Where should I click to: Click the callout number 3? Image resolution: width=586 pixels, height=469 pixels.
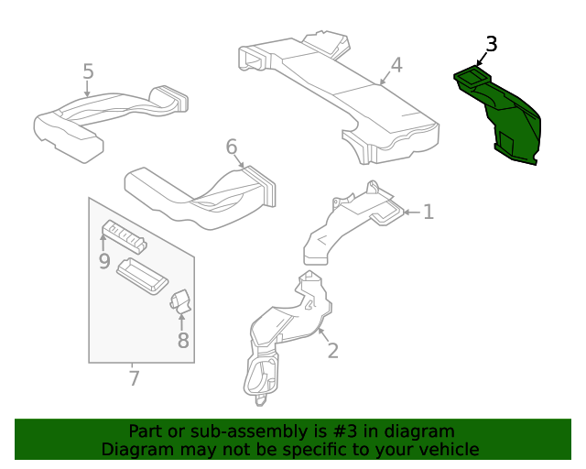tap(492, 44)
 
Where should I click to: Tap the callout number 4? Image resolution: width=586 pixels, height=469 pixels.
tap(396, 65)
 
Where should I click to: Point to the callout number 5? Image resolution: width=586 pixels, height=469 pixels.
tap(88, 71)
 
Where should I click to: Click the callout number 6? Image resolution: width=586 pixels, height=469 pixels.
tap(232, 147)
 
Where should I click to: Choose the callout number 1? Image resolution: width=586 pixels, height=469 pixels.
tap(428, 213)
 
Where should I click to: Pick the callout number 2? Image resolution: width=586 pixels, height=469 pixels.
tap(332, 350)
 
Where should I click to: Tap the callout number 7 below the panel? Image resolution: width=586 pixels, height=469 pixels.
tap(134, 377)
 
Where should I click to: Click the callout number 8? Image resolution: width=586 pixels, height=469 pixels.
tap(183, 341)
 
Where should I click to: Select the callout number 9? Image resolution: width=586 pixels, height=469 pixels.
tap(103, 262)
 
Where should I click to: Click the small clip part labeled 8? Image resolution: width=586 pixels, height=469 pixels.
tap(179, 300)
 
